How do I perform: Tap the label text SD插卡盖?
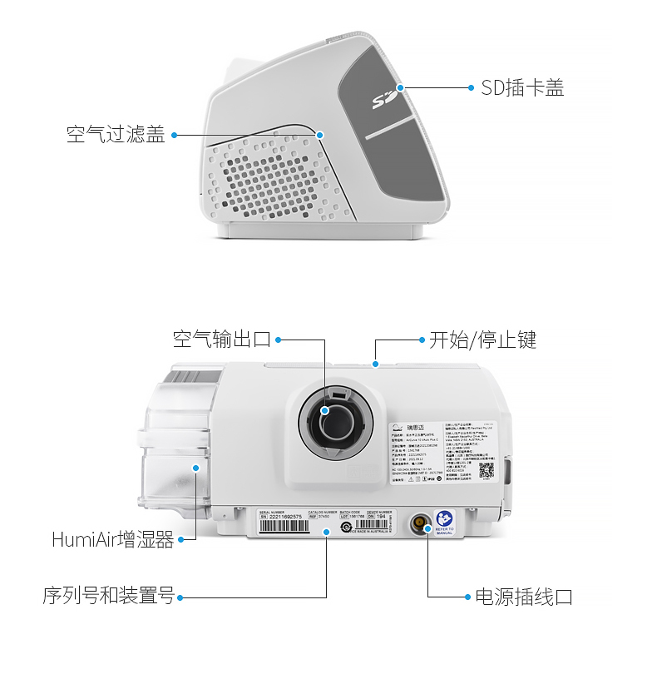(x=522, y=87)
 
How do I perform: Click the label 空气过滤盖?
(x=116, y=134)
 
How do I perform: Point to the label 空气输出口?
(x=221, y=339)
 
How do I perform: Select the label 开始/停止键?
(x=482, y=339)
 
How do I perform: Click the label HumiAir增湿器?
(x=112, y=540)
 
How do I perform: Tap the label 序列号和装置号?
(x=108, y=597)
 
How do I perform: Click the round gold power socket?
(x=418, y=524)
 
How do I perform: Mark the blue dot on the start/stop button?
(x=376, y=364)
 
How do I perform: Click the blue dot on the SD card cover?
(x=400, y=87)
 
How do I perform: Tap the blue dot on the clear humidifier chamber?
(x=196, y=468)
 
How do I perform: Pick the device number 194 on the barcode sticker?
(x=382, y=516)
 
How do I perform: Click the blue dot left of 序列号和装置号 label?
(x=180, y=597)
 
